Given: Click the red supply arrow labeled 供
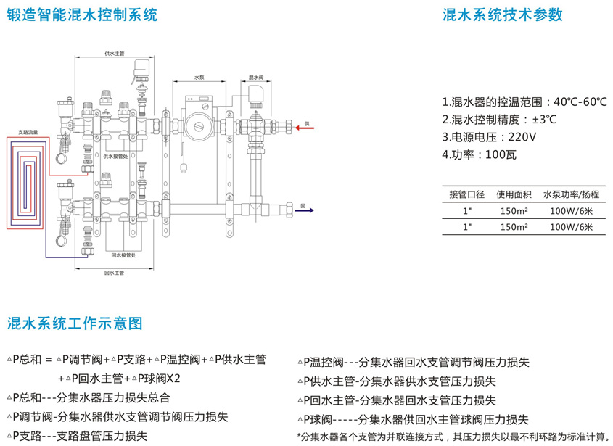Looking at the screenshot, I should pyautogui.click(x=304, y=128).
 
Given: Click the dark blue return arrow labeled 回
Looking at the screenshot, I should pyautogui.click(x=304, y=210).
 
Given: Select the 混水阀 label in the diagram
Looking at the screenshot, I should pyautogui.click(x=255, y=77).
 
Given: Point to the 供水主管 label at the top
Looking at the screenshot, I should pyautogui.click(x=115, y=54).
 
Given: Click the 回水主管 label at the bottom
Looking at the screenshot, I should pyautogui.click(x=115, y=273).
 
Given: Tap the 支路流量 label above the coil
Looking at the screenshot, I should pyautogui.click(x=28, y=133).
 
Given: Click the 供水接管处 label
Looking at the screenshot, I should pyautogui.click(x=116, y=156).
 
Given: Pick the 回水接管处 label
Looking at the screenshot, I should pyautogui.click(x=123, y=255).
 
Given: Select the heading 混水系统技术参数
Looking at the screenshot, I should pyautogui.click(x=502, y=16).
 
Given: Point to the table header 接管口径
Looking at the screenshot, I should pyautogui.click(x=466, y=194).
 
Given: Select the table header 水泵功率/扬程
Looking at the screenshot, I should pyautogui.click(x=571, y=194).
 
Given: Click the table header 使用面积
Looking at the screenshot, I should pyautogui.click(x=514, y=194).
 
